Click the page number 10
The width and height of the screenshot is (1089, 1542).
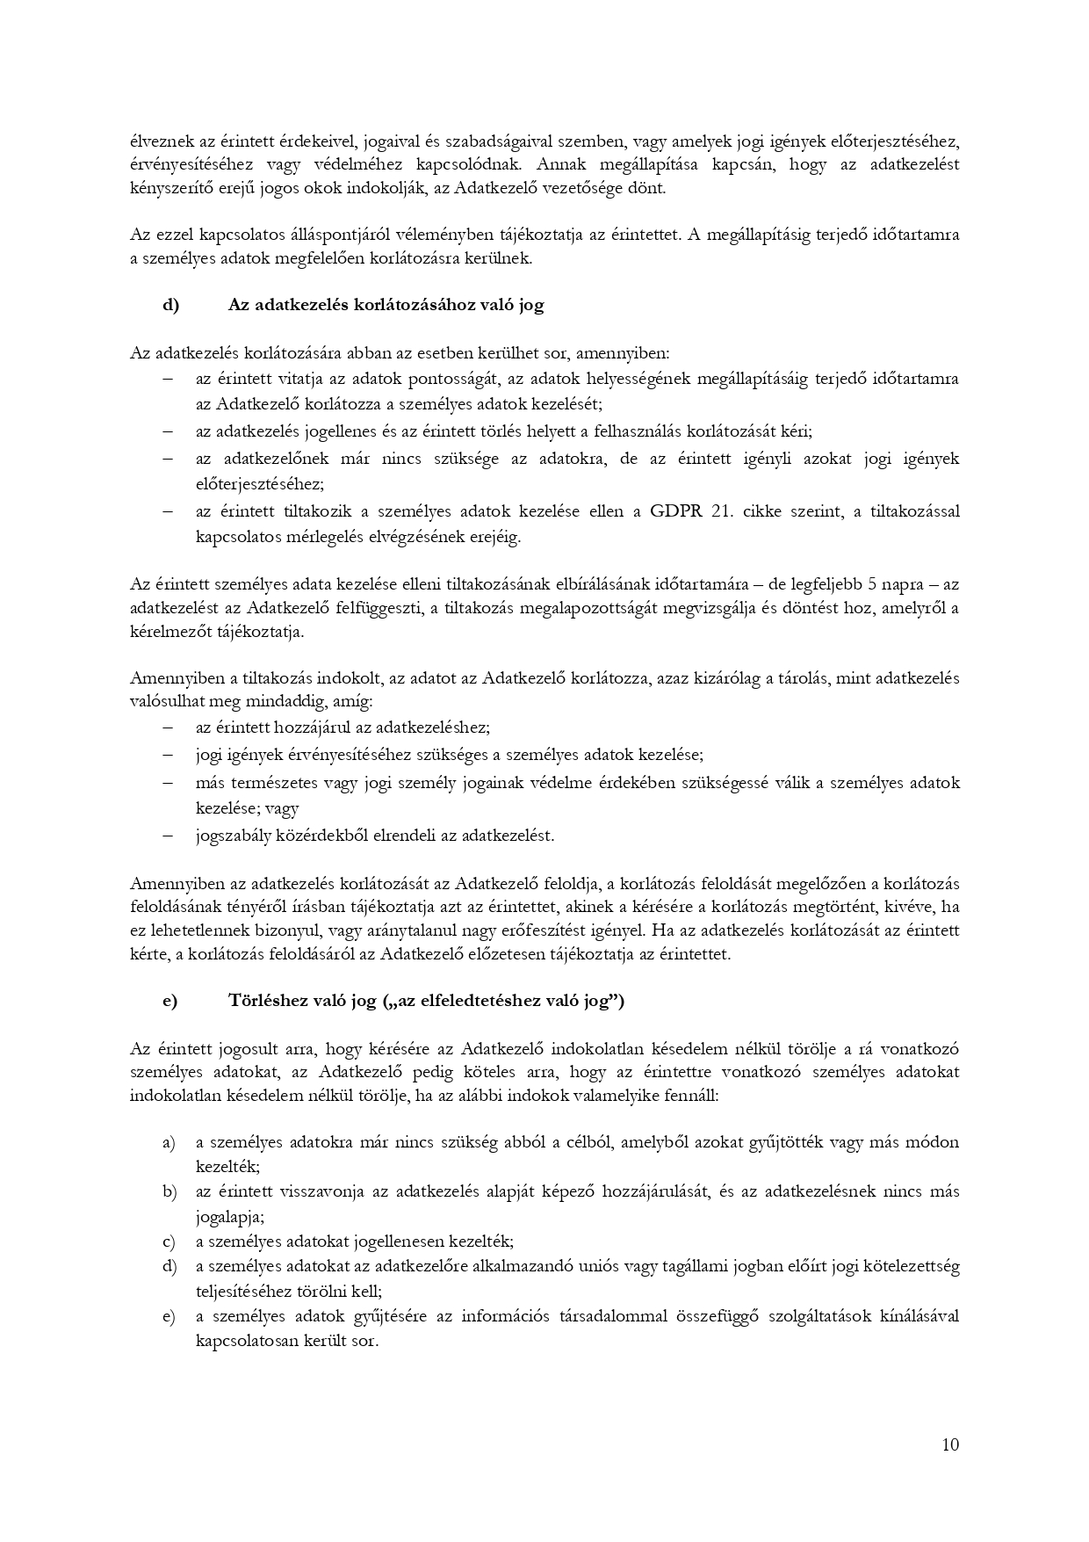click(949, 1444)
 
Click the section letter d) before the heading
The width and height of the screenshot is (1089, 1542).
click(170, 305)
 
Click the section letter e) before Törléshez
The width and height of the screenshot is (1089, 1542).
click(169, 1000)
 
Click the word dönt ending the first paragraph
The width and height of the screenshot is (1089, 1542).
click(649, 188)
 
